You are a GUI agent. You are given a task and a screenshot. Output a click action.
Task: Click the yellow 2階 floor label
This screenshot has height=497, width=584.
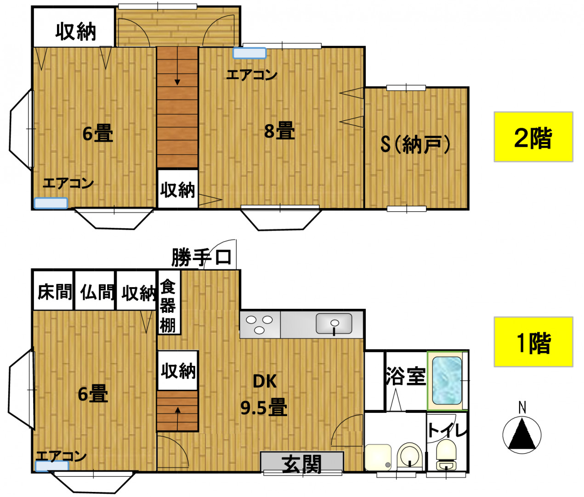(533, 137)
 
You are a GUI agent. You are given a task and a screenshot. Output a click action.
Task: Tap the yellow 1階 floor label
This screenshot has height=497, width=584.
(533, 342)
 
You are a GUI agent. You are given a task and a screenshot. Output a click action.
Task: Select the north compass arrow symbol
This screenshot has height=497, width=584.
(522, 434)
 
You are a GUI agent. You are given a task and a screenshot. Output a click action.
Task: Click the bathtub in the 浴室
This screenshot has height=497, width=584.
(447, 381)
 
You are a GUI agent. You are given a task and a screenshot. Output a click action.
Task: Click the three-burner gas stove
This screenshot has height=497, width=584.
(260, 324)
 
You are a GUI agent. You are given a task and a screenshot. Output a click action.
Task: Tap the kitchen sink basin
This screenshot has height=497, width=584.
(334, 323)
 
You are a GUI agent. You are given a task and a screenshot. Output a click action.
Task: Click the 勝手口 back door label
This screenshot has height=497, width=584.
(201, 257)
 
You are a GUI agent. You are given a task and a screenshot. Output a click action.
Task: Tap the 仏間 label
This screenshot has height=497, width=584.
(97, 292)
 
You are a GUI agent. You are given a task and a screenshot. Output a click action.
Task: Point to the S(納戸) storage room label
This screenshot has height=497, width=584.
(415, 144)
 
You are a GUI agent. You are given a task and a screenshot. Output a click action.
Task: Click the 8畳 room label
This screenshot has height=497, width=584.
(279, 131)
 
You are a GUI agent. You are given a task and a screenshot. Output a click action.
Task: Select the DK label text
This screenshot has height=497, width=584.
(265, 381)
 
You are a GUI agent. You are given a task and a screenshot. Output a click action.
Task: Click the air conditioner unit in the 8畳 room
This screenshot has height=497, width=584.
(249, 53)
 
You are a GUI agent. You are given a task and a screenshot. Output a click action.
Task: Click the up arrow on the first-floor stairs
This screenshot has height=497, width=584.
(178, 419)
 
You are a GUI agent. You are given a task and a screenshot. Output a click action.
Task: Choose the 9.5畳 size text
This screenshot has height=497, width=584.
(264, 408)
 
